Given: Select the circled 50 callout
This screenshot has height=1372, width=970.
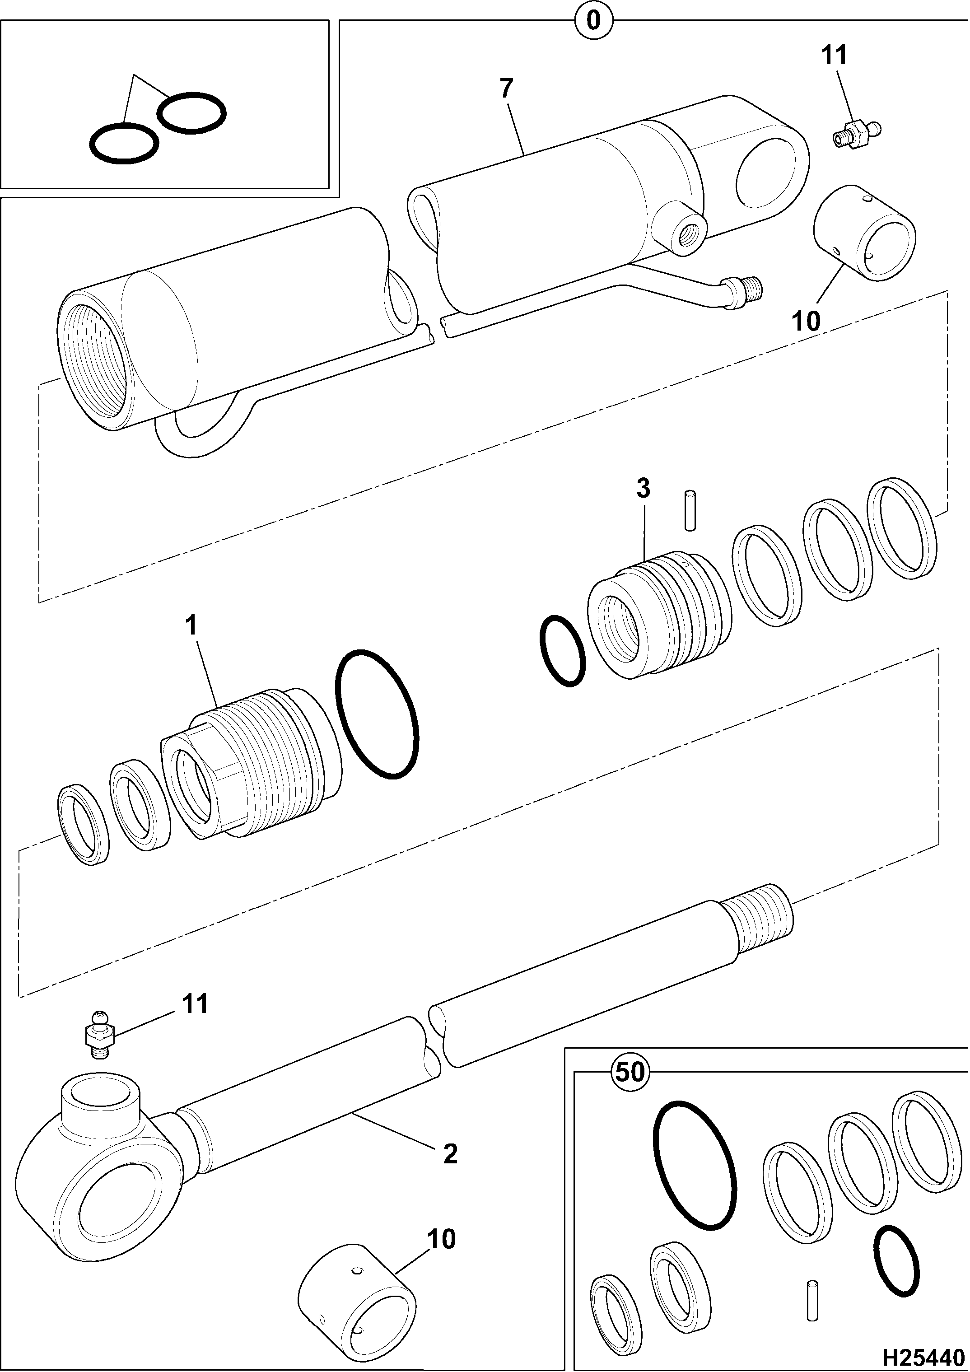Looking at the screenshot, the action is click(630, 1072).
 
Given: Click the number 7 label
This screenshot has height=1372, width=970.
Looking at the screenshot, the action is click(506, 89).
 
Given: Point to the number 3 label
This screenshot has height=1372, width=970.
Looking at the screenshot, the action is click(643, 489).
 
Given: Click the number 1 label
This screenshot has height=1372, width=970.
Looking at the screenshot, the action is click(191, 625).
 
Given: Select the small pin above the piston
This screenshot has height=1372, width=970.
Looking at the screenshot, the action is click(690, 510).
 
